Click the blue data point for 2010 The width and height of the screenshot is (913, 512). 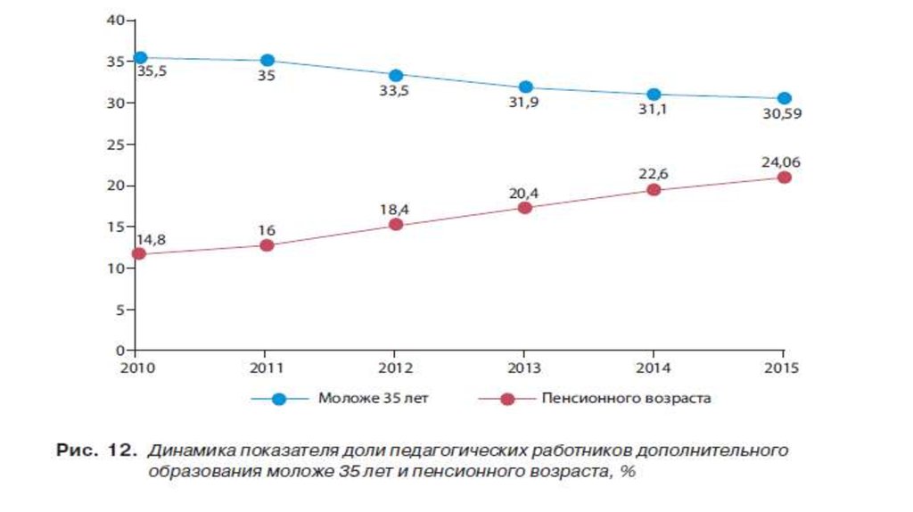coord(139,58)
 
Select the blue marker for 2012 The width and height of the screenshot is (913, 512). coord(396,75)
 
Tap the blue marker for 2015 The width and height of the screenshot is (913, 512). coord(784,98)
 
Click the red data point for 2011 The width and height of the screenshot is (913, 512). coord(267,245)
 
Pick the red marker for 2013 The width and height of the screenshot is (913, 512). coord(525,208)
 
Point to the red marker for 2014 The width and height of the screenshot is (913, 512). coord(654,190)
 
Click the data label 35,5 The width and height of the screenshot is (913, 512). coord(152,71)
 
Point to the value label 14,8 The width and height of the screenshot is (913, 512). coord(151,238)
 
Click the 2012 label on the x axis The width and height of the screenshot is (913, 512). coord(395,367)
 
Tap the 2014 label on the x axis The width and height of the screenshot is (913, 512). coord(654,367)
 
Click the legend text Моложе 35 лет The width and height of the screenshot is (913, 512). coord(373,399)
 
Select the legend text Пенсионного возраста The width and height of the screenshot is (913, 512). coord(626,399)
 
